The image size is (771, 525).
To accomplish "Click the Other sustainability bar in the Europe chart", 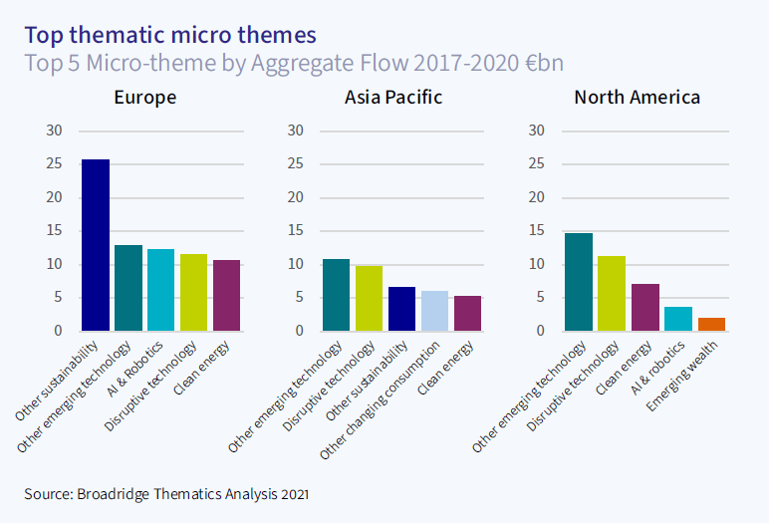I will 96,245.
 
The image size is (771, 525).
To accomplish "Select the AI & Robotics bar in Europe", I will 160,290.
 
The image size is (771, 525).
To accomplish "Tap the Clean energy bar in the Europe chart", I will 226,295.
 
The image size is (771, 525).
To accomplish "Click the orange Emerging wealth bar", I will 711,324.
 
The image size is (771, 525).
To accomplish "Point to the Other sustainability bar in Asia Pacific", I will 401,309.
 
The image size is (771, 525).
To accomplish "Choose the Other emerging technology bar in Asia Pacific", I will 337,295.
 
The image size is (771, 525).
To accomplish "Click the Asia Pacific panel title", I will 393,98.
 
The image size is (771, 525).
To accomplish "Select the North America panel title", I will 637,98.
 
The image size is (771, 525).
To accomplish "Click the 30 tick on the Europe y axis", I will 55,131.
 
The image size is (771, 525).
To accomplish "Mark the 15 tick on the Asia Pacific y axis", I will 296,231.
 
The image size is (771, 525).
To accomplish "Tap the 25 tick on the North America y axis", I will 536,164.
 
